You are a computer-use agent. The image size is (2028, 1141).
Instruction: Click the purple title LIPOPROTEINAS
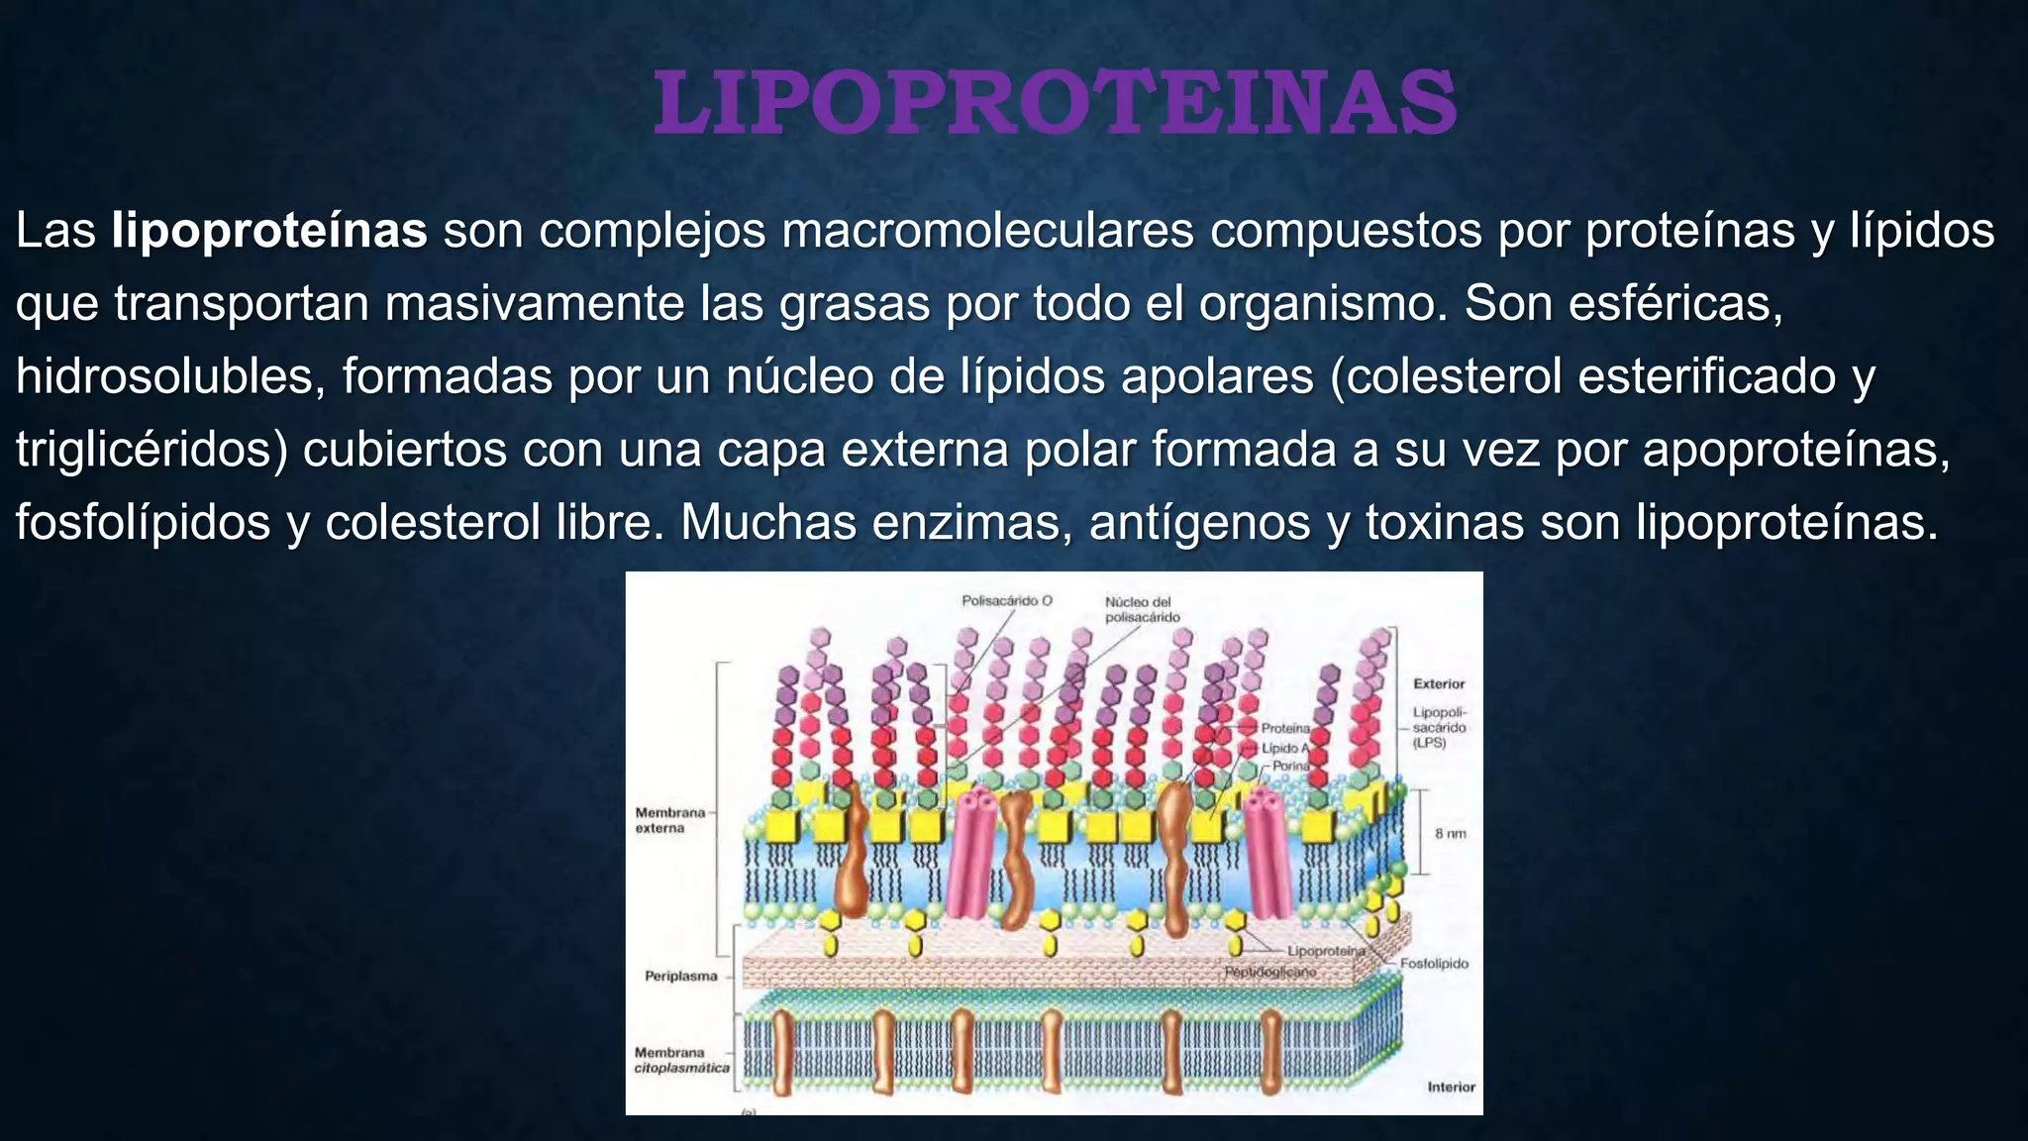[1055, 103]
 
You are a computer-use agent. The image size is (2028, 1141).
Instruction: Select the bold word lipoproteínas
[268, 231]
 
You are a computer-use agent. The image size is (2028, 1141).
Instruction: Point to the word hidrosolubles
[163, 377]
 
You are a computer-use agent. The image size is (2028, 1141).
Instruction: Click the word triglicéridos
[151, 451]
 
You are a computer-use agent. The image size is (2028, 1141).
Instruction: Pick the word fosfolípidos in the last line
[143, 523]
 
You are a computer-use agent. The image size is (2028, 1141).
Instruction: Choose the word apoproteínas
[1795, 451]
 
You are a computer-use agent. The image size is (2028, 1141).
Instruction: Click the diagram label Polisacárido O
[1007, 601]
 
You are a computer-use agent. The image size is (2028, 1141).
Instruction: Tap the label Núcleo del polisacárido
[1142, 609]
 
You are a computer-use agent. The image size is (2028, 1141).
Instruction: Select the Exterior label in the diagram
[1438, 684]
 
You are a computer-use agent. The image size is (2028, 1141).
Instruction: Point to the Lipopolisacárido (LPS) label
[1440, 728]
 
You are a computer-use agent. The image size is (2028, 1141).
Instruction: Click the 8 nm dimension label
[1451, 834]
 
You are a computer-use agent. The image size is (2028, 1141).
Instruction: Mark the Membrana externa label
[669, 820]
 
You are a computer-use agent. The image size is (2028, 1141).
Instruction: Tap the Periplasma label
[680, 977]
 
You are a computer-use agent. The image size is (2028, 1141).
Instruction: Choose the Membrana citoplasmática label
[681, 1060]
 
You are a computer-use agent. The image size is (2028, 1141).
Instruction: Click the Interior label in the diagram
[1451, 1088]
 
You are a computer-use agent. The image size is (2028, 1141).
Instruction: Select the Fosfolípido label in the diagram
[1434, 964]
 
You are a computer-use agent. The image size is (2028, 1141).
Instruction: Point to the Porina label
[1290, 766]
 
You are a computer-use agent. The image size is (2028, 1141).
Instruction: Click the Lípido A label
[1285, 748]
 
